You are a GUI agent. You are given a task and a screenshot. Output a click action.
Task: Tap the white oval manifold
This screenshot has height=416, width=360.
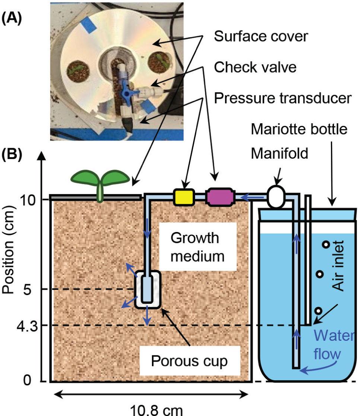click(276, 197)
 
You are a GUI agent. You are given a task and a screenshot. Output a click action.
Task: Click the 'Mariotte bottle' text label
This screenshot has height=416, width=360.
click(299, 130)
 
